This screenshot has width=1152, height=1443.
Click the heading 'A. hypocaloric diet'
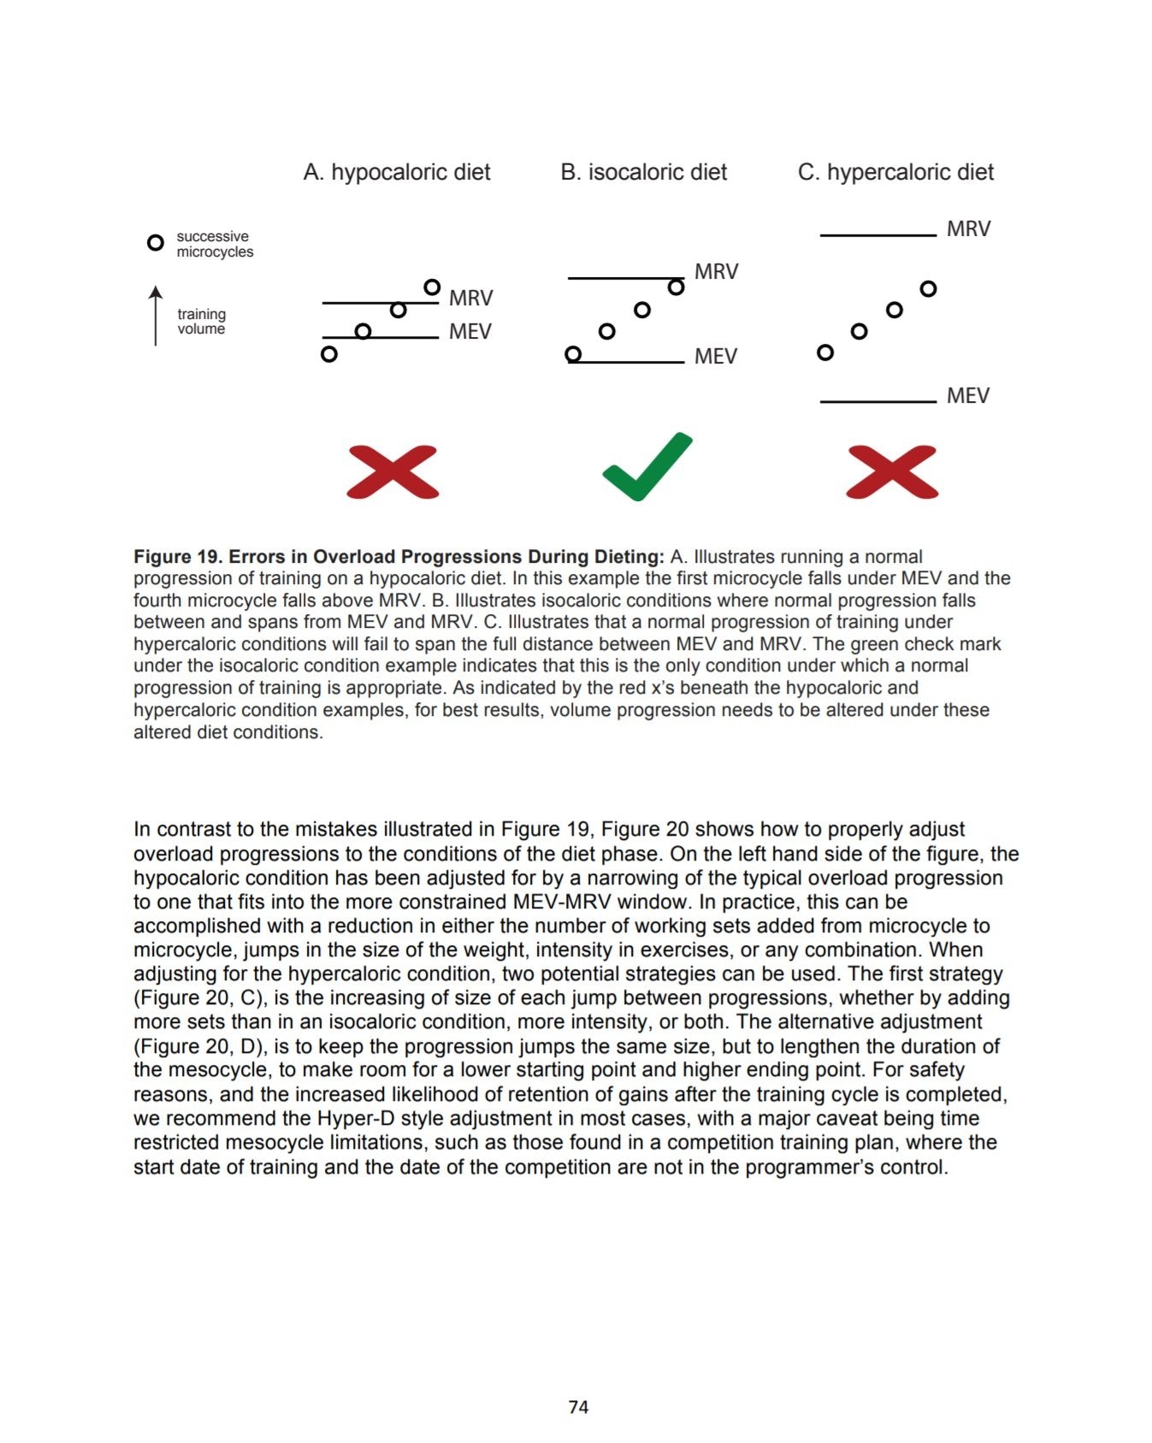[x=397, y=173]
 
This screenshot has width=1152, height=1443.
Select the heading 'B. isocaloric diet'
[x=643, y=173]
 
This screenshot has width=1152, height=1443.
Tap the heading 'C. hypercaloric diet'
[x=895, y=173]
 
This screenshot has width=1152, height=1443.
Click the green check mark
[x=647, y=467]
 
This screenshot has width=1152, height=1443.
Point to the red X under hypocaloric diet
[x=393, y=472]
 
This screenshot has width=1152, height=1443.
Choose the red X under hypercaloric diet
[x=892, y=472]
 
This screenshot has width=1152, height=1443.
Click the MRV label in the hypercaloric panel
[x=968, y=229]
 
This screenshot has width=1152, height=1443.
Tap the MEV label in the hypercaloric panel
[x=967, y=396]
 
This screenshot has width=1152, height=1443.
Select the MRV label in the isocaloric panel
[x=716, y=272]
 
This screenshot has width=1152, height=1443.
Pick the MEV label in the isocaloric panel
[x=715, y=357]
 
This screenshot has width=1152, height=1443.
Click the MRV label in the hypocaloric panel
[x=470, y=299]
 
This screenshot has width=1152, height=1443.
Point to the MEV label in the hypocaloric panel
[x=470, y=332]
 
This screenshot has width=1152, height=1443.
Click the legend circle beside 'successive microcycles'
[x=155, y=243]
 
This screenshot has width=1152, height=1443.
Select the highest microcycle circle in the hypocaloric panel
[x=432, y=287]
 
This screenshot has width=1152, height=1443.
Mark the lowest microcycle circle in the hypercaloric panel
[x=825, y=352]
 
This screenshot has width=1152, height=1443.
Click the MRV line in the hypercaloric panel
[x=877, y=234]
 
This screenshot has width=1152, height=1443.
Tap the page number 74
[x=578, y=1407]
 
